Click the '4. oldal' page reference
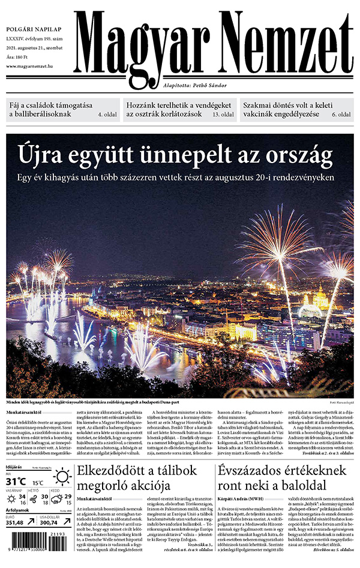(x=108, y=114)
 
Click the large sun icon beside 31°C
(x=61, y=477)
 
